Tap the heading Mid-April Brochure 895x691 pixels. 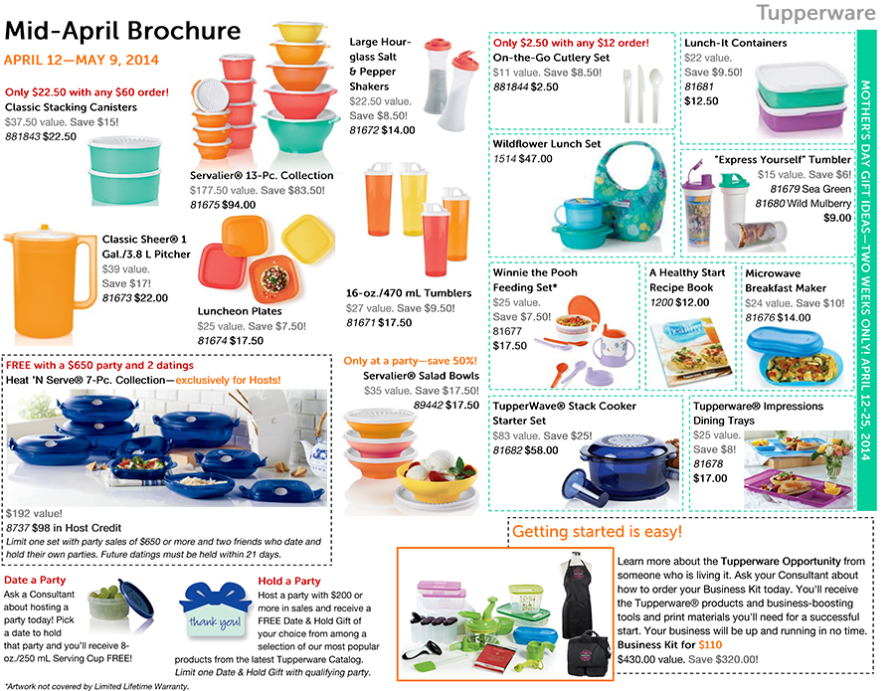click(122, 31)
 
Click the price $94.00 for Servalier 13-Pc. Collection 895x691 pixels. click(238, 205)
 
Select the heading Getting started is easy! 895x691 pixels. click(598, 532)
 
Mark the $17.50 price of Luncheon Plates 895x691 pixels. click(246, 340)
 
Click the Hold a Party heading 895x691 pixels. click(288, 581)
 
